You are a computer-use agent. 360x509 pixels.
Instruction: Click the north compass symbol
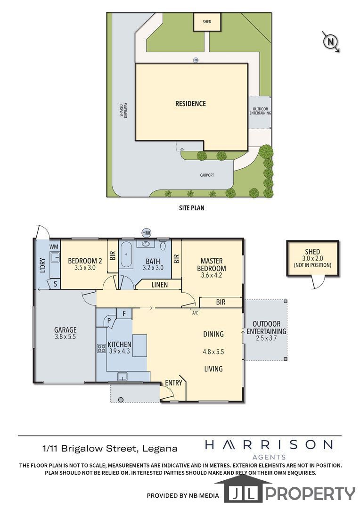pyautogui.click(x=330, y=41)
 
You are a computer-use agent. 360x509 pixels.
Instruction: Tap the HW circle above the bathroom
pyautogui.click(x=147, y=233)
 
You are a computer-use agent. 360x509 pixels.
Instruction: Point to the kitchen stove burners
pyautogui.click(x=101, y=348)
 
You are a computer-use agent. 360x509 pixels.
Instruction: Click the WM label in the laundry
pyautogui.click(x=54, y=246)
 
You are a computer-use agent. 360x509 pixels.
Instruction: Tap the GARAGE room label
pyautogui.click(x=65, y=330)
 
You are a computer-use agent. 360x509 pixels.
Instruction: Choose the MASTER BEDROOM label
pyautogui.click(x=211, y=264)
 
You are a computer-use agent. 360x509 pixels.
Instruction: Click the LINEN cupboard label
pyautogui.click(x=160, y=285)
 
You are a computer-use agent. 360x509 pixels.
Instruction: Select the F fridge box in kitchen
pyautogui.click(x=123, y=313)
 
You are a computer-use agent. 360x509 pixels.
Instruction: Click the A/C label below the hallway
pyautogui.click(x=195, y=313)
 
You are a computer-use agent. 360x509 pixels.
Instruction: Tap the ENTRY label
pyautogui.click(x=173, y=383)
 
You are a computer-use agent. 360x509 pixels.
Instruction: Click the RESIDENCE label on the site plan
pyautogui.click(x=190, y=104)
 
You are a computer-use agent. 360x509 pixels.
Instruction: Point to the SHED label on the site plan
pyautogui.click(x=207, y=22)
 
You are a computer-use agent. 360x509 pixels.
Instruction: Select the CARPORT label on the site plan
pyautogui.click(x=207, y=175)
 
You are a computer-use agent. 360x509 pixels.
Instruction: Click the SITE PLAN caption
pyautogui.click(x=191, y=208)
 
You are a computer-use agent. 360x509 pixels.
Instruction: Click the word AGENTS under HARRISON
pyautogui.click(x=269, y=457)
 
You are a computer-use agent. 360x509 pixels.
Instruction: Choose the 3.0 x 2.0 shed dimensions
pyautogui.click(x=312, y=259)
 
